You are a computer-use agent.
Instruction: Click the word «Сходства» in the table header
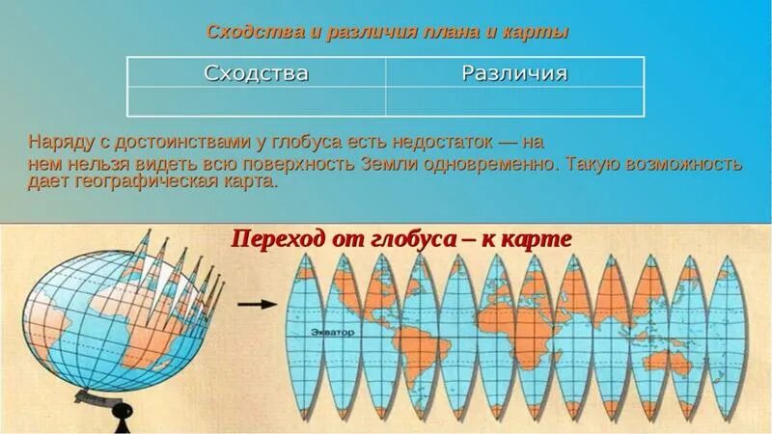coord(256,73)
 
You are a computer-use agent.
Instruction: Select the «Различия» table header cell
coord(514,73)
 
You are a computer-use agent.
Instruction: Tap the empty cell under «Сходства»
coord(256,101)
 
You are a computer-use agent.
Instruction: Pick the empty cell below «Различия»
coord(514,101)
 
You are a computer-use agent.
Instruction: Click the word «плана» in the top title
coord(446,32)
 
